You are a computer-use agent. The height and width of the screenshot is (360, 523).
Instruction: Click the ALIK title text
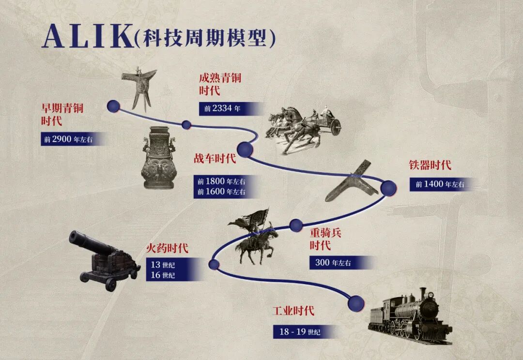coord(87,36)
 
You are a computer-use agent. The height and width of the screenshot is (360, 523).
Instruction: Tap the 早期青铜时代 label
coord(62,114)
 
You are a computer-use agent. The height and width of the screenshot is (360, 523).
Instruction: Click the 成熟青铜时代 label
coord(220,84)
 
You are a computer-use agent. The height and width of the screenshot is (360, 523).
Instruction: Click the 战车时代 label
coord(215,158)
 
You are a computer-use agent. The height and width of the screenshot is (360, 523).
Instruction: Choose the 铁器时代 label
coord(431,165)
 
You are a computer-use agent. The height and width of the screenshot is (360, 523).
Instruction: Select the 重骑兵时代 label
coord(325,239)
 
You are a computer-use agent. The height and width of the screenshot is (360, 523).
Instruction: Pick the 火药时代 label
coord(167,248)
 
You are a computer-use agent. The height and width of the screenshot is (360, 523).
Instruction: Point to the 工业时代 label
coord(293,311)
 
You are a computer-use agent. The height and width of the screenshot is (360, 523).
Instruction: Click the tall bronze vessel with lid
coord(159,158)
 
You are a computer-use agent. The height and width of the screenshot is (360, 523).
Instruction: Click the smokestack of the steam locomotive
coord(423,293)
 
